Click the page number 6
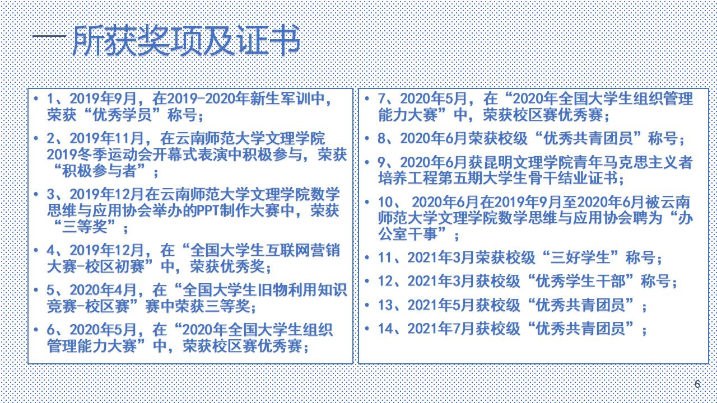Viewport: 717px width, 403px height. (x=697, y=384)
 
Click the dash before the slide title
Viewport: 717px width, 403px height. (x=49, y=36)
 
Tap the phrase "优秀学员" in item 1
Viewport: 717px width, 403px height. (x=122, y=115)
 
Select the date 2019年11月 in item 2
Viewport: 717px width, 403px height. (x=106, y=138)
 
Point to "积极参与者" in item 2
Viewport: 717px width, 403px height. (x=99, y=171)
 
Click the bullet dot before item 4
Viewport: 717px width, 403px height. (x=36, y=250)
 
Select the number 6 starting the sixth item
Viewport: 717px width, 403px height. (x=50, y=330)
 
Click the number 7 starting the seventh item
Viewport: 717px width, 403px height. (x=381, y=99)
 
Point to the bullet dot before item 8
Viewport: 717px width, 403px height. (x=367, y=138)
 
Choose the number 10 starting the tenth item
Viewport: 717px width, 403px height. (x=386, y=202)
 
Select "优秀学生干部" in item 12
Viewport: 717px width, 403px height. (x=580, y=281)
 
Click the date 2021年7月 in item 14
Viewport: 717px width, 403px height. (x=441, y=329)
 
